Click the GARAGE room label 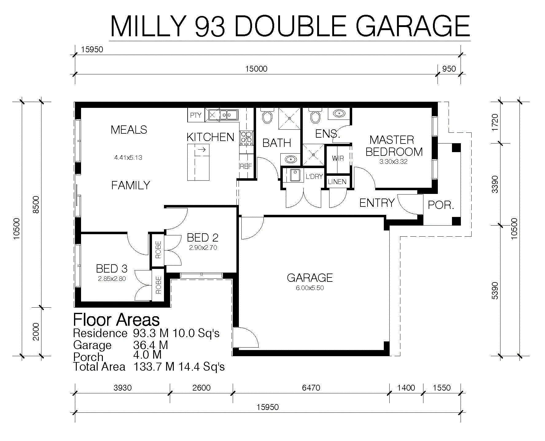pyautogui.click(x=309, y=278)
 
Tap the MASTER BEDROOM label pyautogui.click(x=394, y=146)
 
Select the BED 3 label pyautogui.click(x=112, y=269)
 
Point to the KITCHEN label pyautogui.click(x=210, y=137)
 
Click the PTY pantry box pyautogui.click(x=196, y=115)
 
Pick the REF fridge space pyautogui.click(x=246, y=166)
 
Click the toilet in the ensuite pyautogui.click(x=315, y=115)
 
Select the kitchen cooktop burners pyautogui.click(x=246, y=138)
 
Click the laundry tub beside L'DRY pyautogui.click(x=295, y=175)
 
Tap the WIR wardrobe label pyautogui.click(x=338, y=159)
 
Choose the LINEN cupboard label pyautogui.click(x=337, y=182)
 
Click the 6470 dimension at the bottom pyautogui.click(x=311, y=388)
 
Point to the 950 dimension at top pyautogui.click(x=449, y=69)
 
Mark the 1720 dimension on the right pyautogui.click(x=495, y=122)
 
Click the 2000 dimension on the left pyautogui.click(x=36, y=332)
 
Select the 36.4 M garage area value pyautogui.click(x=151, y=345)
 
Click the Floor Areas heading pyautogui.click(x=116, y=320)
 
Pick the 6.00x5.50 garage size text pyautogui.click(x=310, y=288)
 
